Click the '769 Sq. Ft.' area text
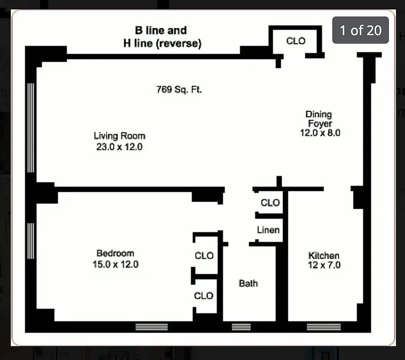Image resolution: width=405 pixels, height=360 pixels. [179, 90]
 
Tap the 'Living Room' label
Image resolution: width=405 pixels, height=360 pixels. [119, 135]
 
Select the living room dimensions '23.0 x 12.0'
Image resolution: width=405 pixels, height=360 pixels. [119, 147]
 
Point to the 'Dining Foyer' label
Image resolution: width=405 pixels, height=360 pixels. [319, 119]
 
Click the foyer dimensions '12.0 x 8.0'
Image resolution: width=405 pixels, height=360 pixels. [320, 133]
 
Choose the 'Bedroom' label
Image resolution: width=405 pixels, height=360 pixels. [115, 253]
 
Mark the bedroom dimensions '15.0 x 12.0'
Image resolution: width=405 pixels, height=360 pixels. [115, 265]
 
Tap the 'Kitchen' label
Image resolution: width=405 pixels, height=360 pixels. [323, 255]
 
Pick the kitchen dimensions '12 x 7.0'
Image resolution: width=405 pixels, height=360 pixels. [323, 265]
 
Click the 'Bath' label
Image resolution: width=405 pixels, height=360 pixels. [248, 283]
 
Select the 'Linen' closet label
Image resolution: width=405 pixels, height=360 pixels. [268, 230]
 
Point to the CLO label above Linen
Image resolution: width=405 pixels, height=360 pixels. [270, 203]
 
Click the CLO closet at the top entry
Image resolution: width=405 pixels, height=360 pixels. [296, 41]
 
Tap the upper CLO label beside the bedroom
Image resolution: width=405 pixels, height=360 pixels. [204, 256]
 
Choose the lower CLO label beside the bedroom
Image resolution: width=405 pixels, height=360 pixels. [204, 296]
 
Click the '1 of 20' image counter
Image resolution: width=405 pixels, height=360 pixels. [360, 30]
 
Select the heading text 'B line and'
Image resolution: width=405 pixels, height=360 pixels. [161, 31]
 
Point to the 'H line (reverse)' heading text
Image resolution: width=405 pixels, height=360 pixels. [162, 44]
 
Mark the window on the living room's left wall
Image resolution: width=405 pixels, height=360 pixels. [31, 128]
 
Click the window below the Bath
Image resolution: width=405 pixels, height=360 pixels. [241, 327]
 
